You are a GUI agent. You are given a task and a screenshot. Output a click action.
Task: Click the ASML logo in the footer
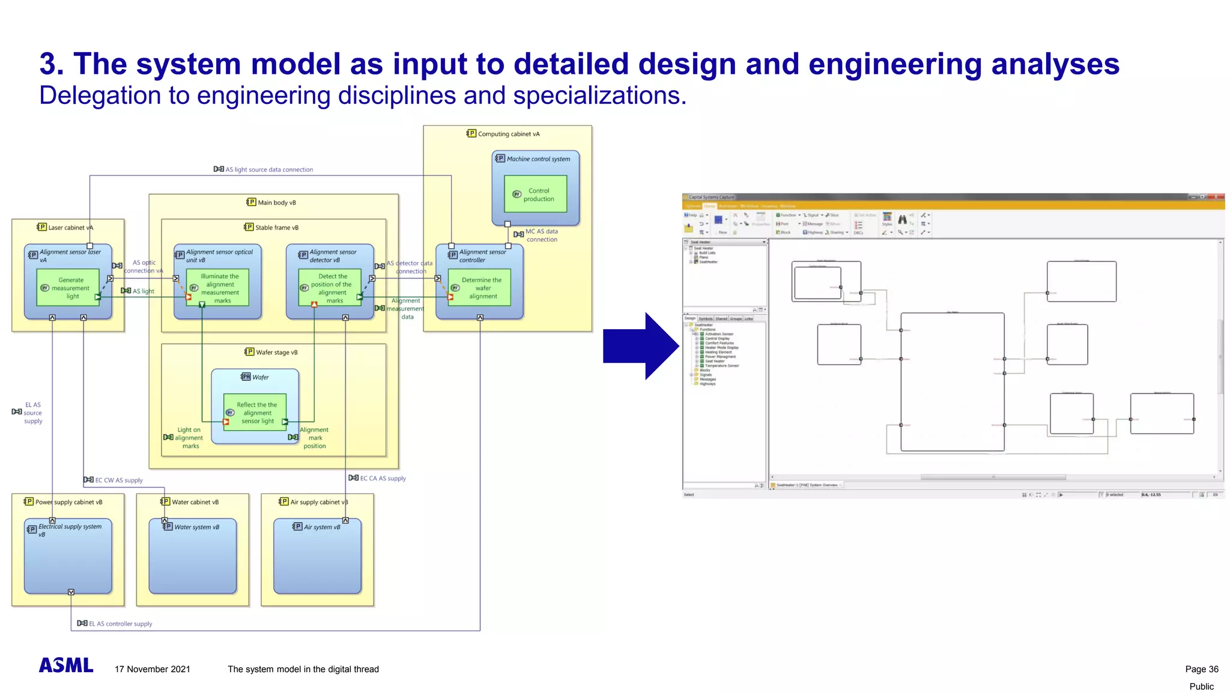[x=66, y=665]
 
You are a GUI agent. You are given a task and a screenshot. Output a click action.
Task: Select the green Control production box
[x=536, y=193]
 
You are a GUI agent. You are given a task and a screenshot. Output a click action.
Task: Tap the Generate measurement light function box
[x=68, y=288]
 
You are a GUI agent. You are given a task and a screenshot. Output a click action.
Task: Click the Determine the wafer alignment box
[x=479, y=288]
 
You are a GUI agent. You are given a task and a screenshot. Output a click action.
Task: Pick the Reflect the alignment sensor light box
[x=255, y=413]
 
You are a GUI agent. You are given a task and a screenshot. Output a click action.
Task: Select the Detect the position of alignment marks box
[x=330, y=288]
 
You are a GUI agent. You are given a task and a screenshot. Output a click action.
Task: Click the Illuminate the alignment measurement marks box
[x=217, y=288]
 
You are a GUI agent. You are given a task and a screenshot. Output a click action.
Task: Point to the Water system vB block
[x=192, y=556]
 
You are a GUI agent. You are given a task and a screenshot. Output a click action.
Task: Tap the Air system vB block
[x=317, y=556]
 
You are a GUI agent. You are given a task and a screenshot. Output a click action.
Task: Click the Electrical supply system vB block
[x=68, y=556]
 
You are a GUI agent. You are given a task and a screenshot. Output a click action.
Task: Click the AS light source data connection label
[x=268, y=169]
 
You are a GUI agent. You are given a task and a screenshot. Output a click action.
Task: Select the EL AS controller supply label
[x=120, y=624]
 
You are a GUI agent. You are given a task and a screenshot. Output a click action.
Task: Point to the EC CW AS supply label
[x=118, y=480]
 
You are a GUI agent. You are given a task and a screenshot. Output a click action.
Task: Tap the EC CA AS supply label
[x=383, y=478]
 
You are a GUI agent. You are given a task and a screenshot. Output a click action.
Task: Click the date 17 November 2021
[x=153, y=669]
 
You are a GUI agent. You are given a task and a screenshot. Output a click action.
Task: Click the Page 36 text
[x=1201, y=669]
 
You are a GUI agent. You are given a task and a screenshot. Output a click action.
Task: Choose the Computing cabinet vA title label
[x=508, y=134]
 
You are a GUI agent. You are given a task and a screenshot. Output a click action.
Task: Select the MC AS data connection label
[x=541, y=235]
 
